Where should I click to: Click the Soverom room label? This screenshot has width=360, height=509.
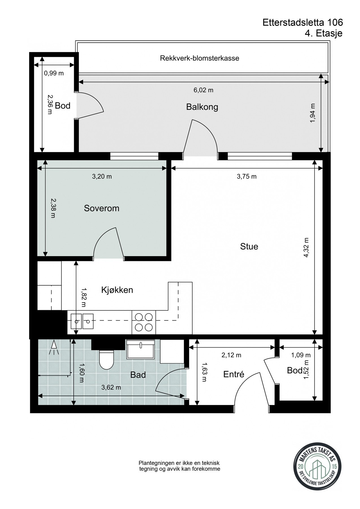click(102, 208)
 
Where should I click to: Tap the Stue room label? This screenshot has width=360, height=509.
click(249, 246)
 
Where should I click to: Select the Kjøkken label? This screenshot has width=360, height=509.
click(117, 290)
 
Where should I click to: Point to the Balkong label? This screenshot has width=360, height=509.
click(202, 107)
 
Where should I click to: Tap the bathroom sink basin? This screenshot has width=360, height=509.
click(141, 350)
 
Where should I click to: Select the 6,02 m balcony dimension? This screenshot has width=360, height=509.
click(203, 90)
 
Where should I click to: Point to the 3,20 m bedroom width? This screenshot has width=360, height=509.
click(102, 176)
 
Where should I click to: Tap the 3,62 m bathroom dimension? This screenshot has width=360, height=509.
click(111, 387)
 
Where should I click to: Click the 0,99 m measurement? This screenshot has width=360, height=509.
click(54, 74)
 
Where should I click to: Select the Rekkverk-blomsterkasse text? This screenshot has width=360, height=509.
click(199, 58)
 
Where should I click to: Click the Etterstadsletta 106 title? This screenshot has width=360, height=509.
click(302, 22)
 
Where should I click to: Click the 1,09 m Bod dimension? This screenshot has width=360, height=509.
click(301, 355)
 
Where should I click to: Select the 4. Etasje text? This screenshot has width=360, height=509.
click(323, 33)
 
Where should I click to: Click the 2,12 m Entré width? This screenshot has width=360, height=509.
click(231, 355)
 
